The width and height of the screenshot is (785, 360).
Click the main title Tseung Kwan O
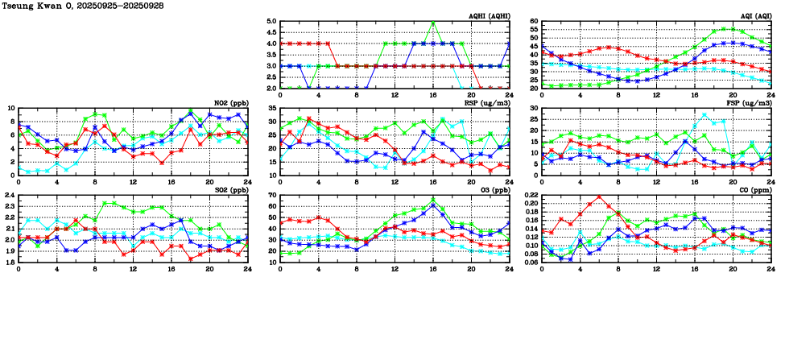pos(37,6)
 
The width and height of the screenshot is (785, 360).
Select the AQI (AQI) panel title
pos(752,16)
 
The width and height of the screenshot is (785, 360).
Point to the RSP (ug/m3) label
pos(486,103)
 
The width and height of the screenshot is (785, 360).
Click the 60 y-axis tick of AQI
pos(533,22)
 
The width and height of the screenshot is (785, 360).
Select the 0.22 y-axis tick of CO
pos(530,196)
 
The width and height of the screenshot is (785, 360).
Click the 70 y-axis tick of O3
pos(271,196)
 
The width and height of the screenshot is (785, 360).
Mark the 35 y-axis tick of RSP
pos(271,109)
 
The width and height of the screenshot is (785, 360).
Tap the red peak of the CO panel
pos(599,197)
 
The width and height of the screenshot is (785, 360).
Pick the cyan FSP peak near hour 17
pos(704,114)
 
